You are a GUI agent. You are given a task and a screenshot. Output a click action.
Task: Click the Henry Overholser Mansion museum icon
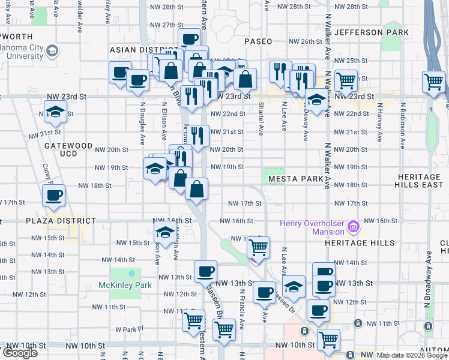pos(354,227)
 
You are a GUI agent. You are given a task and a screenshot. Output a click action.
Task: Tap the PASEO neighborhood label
pos(258,41)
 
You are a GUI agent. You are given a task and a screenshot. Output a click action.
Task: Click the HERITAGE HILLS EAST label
pos(424,181)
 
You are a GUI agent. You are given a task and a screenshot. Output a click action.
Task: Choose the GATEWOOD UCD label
pos(68,149)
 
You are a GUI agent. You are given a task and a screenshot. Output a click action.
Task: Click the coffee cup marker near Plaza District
pos(54,194)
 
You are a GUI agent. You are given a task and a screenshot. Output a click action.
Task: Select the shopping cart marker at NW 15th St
pos(258,246)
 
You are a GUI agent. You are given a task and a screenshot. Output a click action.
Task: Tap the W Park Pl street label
pos(133,329)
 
